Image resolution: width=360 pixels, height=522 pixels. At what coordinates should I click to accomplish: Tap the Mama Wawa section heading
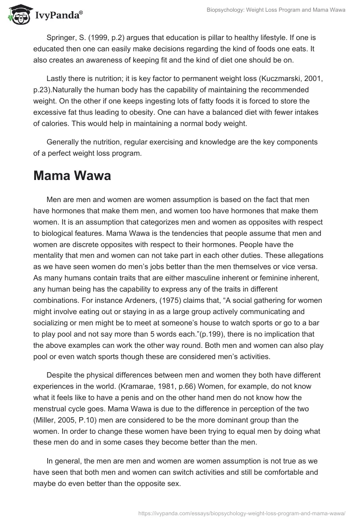tap(72, 175)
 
